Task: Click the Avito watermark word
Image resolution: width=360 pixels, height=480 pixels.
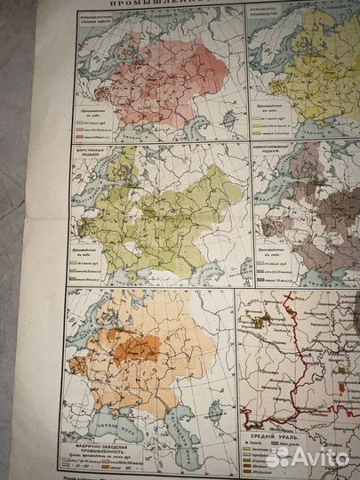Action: [x=315, y=457]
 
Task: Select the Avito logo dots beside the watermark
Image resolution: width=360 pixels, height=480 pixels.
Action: [x=278, y=457]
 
